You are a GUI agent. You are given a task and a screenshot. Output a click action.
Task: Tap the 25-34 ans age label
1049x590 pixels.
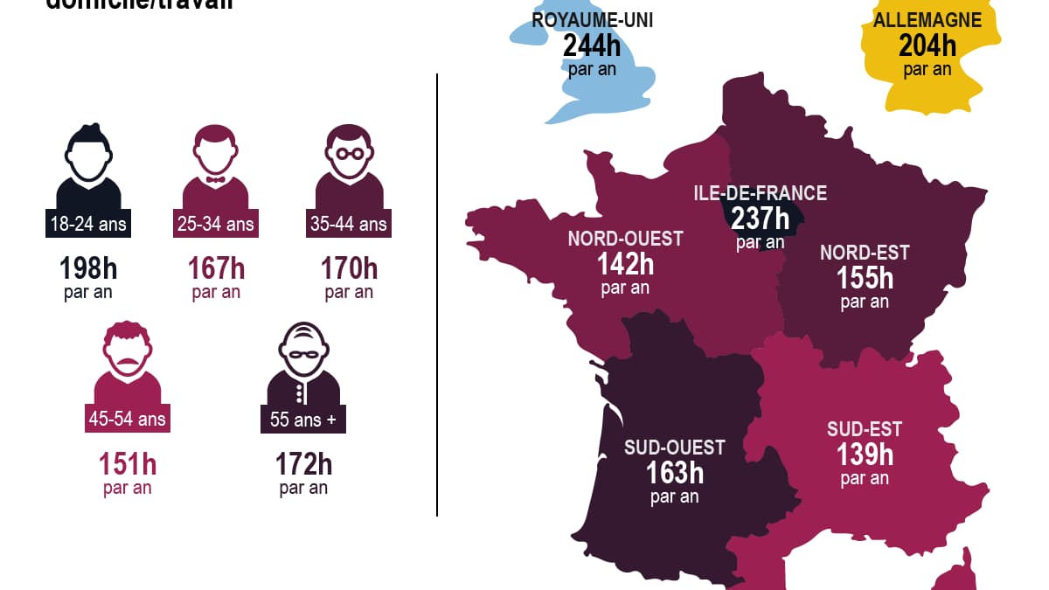pos(215,225)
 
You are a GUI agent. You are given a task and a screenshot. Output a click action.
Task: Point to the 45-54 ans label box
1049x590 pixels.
pos(127,420)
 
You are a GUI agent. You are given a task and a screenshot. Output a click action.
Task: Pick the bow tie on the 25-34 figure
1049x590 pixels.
pos(215,180)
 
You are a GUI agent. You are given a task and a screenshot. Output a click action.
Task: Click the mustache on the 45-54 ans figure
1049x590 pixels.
pos(127,360)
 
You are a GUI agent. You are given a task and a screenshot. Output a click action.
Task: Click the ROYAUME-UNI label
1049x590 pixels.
pos(592,20)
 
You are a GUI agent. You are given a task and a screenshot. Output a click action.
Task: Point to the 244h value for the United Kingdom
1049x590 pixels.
pos(592,45)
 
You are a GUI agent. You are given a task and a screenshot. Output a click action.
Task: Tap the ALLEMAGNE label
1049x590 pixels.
pos(927,20)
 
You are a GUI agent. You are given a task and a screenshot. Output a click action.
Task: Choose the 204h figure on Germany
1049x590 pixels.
pos(927,45)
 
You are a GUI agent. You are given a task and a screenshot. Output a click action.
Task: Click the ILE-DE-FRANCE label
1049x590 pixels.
pos(760,193)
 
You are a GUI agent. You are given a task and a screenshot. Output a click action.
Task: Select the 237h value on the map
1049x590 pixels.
pos(760,218)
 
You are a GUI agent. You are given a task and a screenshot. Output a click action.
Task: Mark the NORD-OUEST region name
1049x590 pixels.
pos(625,238)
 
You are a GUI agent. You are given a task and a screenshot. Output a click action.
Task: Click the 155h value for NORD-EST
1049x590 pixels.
pos(865,278)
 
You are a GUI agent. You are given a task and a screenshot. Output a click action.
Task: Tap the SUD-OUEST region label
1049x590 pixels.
pos(674,448)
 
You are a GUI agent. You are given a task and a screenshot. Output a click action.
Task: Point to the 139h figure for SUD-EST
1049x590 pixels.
pos(865,455)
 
